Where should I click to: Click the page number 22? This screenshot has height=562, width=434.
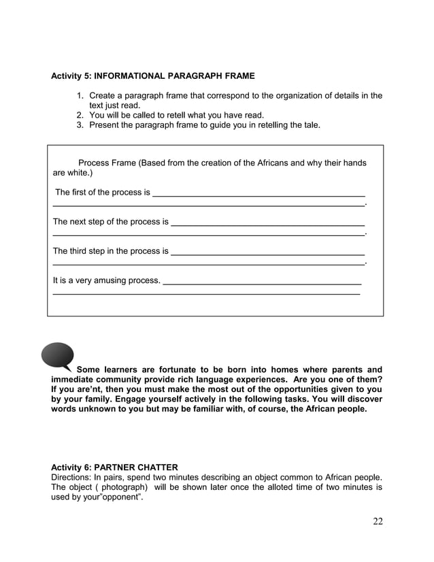(x=378, y=521)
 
